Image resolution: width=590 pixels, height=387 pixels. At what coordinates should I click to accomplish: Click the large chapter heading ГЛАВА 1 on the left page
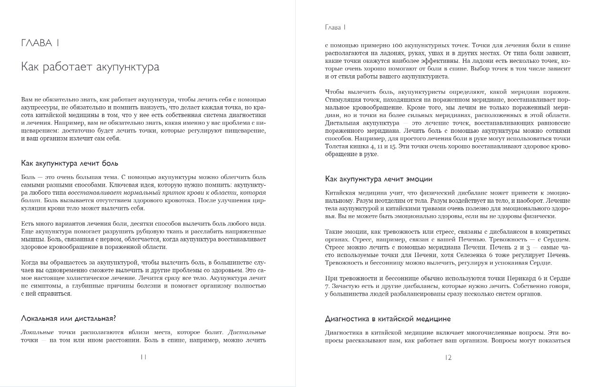tap(40, 43)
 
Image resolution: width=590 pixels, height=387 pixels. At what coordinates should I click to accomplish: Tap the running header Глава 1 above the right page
tap(335, 27)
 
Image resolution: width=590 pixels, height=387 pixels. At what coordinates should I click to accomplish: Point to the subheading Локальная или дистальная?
tap(69, 318)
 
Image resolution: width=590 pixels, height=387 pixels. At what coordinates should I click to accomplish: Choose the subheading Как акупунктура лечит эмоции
tap(379, 179)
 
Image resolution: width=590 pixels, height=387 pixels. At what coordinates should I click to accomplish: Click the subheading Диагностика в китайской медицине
tap(388, 318)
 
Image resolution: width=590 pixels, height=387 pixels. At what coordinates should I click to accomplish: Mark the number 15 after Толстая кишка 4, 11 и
tap(392, 147)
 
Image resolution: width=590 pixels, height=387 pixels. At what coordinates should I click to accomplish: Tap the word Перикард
tap(526, 278)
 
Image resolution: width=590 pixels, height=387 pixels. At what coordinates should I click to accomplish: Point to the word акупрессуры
tap(40, 108)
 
